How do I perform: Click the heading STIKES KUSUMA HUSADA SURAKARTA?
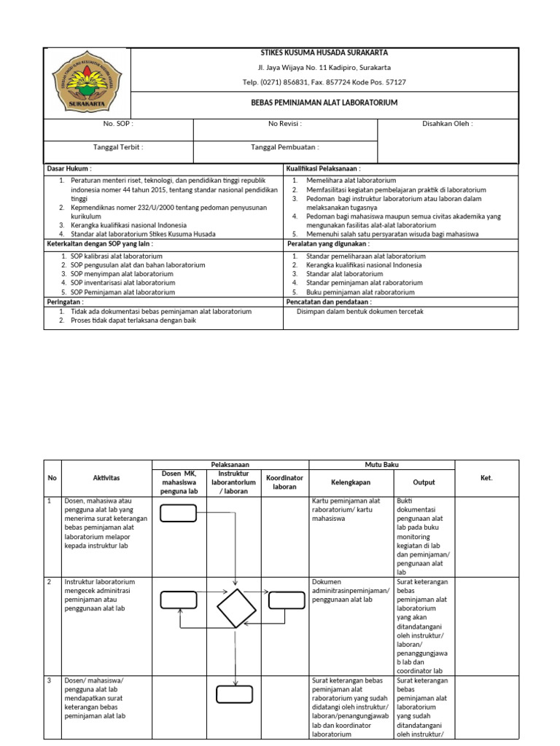click(324, 52)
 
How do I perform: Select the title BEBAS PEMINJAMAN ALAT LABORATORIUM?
click(324, 103)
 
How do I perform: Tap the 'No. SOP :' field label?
click(118, 124)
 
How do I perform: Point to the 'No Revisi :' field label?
click(285, 124)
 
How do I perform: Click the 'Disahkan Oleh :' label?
click(447, 124)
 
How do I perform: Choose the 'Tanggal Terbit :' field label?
click(118, 146)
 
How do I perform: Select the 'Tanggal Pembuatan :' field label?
click(285, 146)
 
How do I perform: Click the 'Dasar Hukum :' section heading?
click(69, 168)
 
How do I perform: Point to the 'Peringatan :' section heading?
click(66, 301)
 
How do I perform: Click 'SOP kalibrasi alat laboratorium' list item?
click(117, 256)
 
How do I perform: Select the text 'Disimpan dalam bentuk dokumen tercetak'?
click(360, 311)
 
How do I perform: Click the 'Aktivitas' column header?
click(106, 477)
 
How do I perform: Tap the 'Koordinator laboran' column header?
click(284, 482)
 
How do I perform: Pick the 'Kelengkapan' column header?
click(351, 482)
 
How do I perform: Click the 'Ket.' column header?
click(486, 478)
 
